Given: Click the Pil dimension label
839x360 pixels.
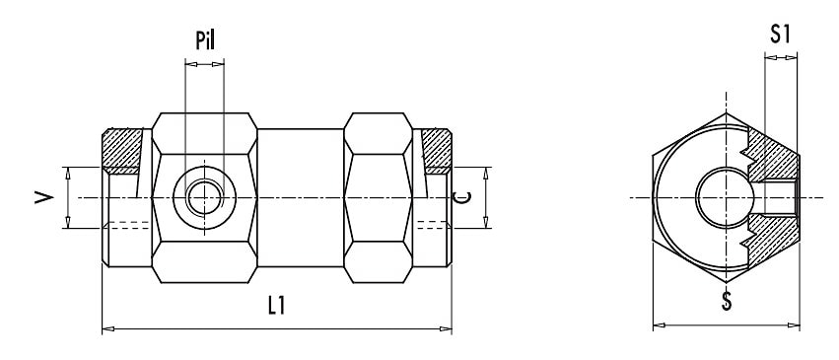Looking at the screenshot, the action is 205,40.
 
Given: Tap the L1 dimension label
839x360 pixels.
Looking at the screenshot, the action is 276,306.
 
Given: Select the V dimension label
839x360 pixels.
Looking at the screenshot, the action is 44,198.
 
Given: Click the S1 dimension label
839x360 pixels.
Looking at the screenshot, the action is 780,35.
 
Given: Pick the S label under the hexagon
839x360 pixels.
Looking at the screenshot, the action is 726,302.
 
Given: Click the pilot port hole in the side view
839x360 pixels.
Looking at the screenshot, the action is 204,198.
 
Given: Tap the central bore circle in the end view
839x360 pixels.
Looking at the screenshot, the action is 726,198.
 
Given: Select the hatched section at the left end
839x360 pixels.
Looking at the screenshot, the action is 122,151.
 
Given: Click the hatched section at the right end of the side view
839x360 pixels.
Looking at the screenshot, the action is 437,151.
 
